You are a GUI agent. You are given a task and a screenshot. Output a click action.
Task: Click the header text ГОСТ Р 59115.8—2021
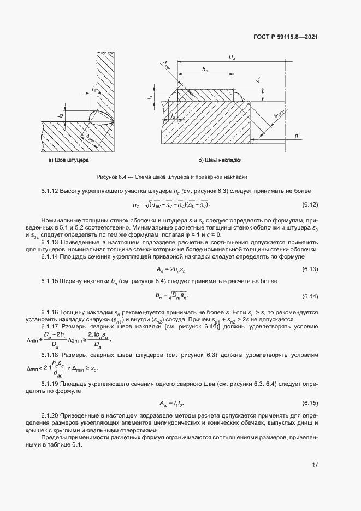click(286, 37)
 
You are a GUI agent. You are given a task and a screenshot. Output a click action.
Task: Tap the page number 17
click(315, 466)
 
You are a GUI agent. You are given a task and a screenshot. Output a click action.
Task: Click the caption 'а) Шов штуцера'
click(68, 161)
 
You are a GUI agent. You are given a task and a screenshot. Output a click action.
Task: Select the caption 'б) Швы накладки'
click(219, 161)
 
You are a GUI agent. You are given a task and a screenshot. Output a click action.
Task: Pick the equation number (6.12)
click(310, 205)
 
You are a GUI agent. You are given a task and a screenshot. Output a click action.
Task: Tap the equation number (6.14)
click(310, 296)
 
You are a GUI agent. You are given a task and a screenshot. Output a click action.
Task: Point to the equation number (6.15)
click(310, 403)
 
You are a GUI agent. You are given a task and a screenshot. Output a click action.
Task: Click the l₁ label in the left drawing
click(94, 89)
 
